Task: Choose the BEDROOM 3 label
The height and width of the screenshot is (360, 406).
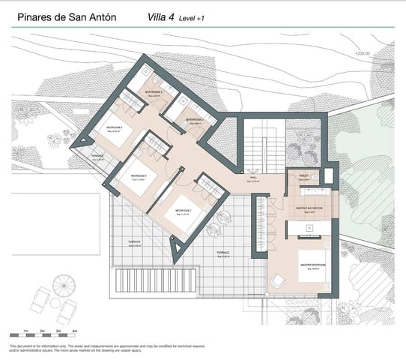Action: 140,175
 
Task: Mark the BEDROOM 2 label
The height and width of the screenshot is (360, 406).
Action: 184,211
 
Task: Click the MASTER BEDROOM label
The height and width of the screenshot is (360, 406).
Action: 312,265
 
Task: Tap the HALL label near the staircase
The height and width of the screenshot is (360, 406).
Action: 255,178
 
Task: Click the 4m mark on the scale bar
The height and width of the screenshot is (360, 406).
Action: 73,330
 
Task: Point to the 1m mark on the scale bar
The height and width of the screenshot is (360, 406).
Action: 25,330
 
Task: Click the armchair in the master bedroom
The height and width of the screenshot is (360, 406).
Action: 278,280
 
